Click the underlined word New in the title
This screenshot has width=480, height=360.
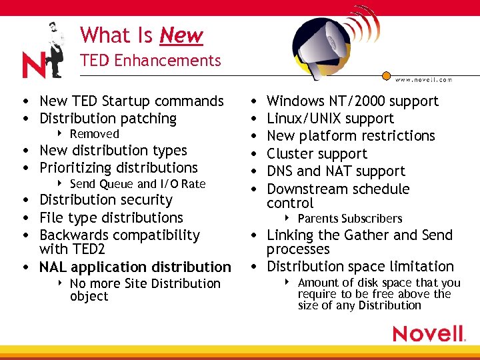point(181,35)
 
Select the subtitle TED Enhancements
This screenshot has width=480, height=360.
point(150,61)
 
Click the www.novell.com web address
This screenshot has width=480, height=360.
point(423,79)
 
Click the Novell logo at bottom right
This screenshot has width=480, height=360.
point(428,333)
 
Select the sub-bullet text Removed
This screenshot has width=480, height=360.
point(94,134)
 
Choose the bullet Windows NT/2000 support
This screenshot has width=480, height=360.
point(352,101)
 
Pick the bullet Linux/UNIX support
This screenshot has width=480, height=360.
point(330,119)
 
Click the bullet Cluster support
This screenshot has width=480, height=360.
point(317,153)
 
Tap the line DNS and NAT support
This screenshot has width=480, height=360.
point(335,171)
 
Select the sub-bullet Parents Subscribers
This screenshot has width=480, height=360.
point(349,219)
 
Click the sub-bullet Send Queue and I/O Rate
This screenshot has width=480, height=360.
point(137,184)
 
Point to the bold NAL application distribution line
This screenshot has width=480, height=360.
point(135,267)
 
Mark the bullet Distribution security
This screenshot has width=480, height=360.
point(105,200)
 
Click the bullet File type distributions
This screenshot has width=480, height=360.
point(111,217)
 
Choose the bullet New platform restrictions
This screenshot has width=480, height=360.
point(351,136)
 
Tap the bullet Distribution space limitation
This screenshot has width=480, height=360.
point(360,267)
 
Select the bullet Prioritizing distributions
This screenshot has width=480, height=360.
point(118,168)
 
